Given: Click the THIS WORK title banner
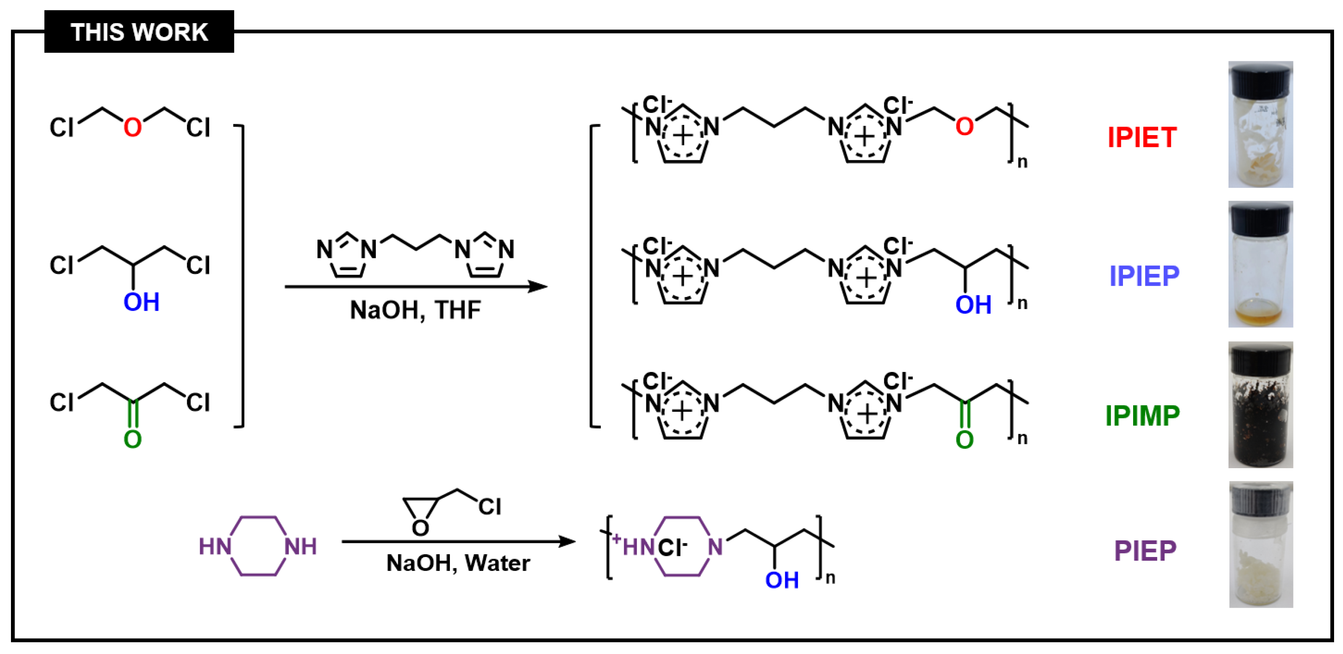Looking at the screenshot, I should click(x=139, y=32).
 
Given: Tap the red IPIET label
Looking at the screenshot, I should click(x=1142, y=138).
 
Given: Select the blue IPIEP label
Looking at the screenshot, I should click(x=1144, y=275).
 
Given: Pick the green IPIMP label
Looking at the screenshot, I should click(x=1142, y=415).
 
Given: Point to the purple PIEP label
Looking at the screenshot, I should click(x=1145, y=550).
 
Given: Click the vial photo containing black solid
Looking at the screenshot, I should click(x=1260, y=404).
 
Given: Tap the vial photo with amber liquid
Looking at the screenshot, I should click(x=1260, y=264).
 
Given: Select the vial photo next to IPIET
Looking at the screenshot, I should click(x=1260, y=125).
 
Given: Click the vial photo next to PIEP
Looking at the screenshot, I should click(x=1260, y=544).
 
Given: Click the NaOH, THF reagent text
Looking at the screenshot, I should click(x=415, y=310).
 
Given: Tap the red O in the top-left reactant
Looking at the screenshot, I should click(x=132, y=127).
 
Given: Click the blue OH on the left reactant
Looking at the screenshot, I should click(x=141, y=302).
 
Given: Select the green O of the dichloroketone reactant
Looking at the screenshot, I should click(x=132, y=439).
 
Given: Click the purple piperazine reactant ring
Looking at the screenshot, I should click(x=258, y=546).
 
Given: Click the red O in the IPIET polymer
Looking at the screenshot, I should click(x=965, y=127).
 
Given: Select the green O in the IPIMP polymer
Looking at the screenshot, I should click(x=965, y=440).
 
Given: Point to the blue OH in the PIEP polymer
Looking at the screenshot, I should click(x=782, y=580).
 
